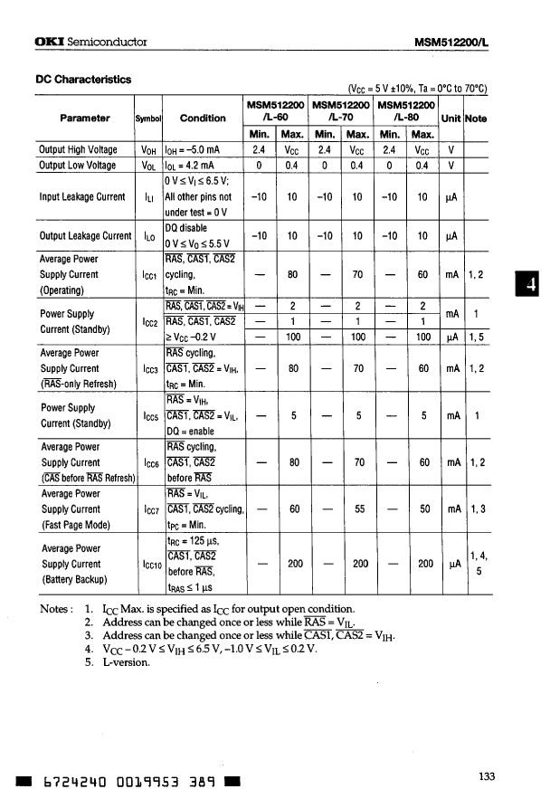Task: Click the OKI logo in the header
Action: tap(48, 42)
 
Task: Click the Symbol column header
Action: tap(147, 119)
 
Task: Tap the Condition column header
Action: tap(203, 118)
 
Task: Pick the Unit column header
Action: tap(450, 118)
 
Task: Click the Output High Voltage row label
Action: tap(78, 149)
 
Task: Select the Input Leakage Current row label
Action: tap(82, 196)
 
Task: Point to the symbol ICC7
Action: tap(149, 509)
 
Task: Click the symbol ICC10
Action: tap(151, 565)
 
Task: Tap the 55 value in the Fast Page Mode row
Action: tap(358, 509)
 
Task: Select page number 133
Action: tap(487, 775)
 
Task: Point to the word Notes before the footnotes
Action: tap(56, 609)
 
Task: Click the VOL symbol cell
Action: tap(149, 166)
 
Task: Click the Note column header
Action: tap(476, 118)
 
